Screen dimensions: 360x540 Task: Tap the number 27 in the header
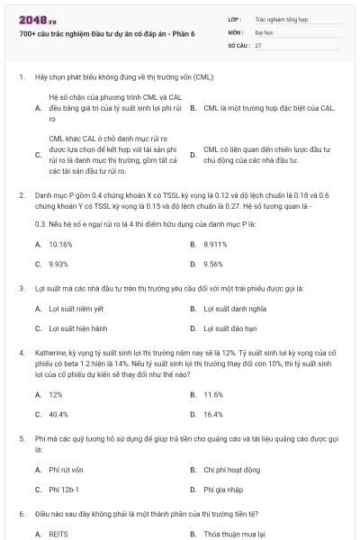click(258, 44)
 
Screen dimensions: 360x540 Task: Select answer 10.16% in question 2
click(60, 244)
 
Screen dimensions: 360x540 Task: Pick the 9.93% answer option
click(58, 264)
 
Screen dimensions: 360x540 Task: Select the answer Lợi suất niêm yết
click(75, 309)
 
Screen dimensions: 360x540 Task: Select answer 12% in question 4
click(56, 394)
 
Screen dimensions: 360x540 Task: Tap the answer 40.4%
click(58, 414)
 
